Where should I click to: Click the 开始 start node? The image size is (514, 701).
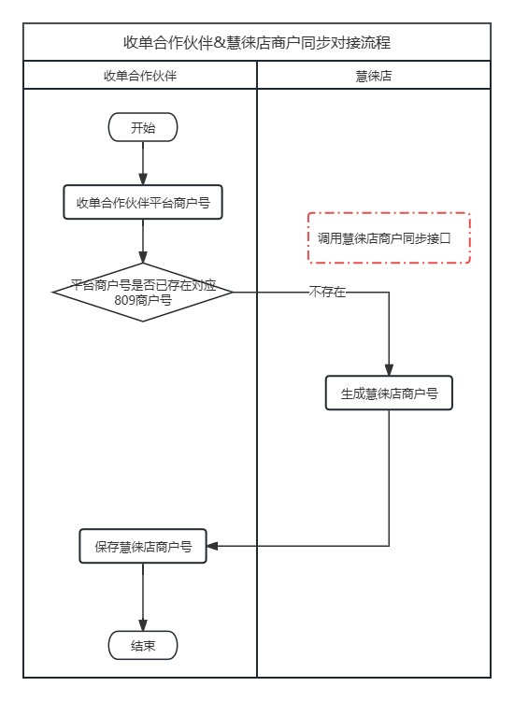click(x=143, y=128)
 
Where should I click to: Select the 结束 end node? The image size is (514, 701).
click(x=143, y=645)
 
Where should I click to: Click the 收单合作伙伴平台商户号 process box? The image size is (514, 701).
click(x=143, y=202)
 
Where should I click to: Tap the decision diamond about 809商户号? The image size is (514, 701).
click(x=143, y=293)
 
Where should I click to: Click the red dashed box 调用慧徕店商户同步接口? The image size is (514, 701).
click(x=389, y=238)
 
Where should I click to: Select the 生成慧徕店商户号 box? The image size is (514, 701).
click(x=389, y=393)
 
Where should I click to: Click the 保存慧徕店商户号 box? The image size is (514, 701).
click(x=143, y=547)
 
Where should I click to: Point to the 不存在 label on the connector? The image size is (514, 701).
click(x=327, y=293)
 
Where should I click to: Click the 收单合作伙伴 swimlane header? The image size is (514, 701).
click(x=140, y=76)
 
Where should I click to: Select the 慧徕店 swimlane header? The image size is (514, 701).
click(x=374, y=76)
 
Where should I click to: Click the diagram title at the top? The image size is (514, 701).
click(x=257, y=43)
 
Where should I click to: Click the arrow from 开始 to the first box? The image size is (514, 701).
click(x=143, y=164)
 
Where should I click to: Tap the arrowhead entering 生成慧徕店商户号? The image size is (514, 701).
click(x=389, y=369)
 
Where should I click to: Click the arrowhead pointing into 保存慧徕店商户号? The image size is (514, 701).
click(x=212, y=547)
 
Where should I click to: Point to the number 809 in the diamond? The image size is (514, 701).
click(x=113, y=301)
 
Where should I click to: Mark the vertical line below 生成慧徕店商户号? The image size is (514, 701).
click(x=389, y=477)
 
